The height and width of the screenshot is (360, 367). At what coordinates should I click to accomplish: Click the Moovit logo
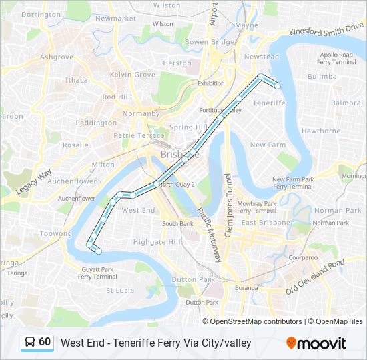click(316, 343)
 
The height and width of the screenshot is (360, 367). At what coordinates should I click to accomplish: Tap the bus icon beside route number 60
click(30, 343)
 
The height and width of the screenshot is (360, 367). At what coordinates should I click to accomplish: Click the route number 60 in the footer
click(45, 342)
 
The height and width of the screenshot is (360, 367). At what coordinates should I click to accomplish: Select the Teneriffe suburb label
click(270, 103)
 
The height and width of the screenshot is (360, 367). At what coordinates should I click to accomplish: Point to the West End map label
click(139, 210)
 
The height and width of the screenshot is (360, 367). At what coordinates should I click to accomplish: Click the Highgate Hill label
click(157, 242)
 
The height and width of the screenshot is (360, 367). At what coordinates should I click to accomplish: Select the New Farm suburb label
click(268, 145)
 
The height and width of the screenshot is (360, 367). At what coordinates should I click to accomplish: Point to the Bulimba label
click(322, 77)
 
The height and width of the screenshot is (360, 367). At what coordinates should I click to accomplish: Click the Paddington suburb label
click(96, 123)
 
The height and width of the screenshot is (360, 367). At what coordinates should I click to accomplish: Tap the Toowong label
click(55, 234)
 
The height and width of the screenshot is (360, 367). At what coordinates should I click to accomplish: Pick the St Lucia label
click(120, 291)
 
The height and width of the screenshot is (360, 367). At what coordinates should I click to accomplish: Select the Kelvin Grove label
click(132, 75)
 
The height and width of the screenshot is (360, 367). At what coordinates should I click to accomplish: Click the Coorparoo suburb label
click(303, 257)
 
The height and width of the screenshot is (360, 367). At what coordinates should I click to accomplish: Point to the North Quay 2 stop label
click(177, 185)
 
